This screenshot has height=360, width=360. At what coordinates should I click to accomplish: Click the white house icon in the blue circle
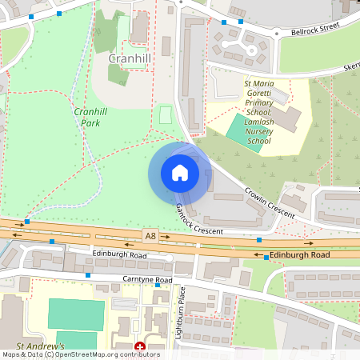coord(180,173)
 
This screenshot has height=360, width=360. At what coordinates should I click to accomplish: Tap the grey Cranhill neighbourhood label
coord(130,60)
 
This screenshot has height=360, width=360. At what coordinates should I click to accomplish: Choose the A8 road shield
coord(150,234)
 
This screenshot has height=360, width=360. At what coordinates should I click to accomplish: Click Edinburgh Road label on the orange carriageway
coord(298,254)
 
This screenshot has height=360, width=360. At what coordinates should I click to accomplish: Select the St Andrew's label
coord(33,346)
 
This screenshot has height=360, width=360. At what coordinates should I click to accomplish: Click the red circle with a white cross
coord(140,348)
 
